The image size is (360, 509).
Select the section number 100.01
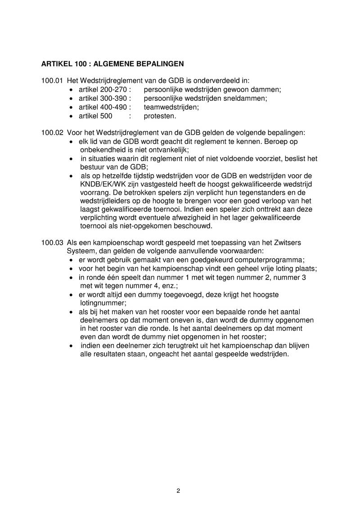[x=51, y=81]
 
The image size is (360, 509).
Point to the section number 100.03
[x=51, y=243]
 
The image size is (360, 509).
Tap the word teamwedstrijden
[x=171, y=107]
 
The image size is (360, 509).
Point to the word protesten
[x=160, y=116]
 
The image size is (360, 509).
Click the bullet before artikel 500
[x=72, y=116]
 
